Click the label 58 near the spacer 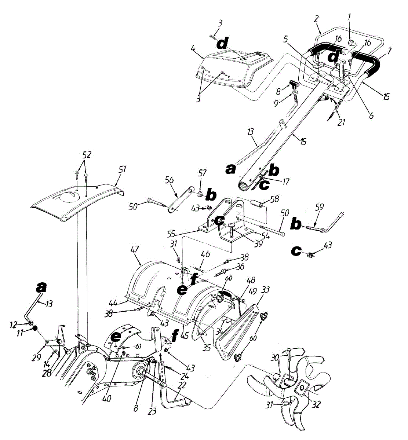pos(275,199)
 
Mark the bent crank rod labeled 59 pos(325,225)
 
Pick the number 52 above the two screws pos(87,155)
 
